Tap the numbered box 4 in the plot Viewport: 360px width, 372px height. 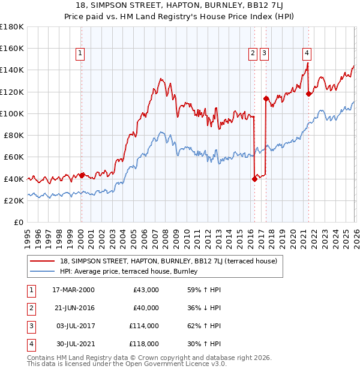click(x=307, y=53)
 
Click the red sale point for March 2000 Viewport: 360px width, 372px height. click(x=82, y=176)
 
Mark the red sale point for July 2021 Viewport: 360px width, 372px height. click(x=308, y=94)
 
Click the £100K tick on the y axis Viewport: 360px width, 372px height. click(x=12, y=113)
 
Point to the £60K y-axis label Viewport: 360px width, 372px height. click(x=14, y=157)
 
